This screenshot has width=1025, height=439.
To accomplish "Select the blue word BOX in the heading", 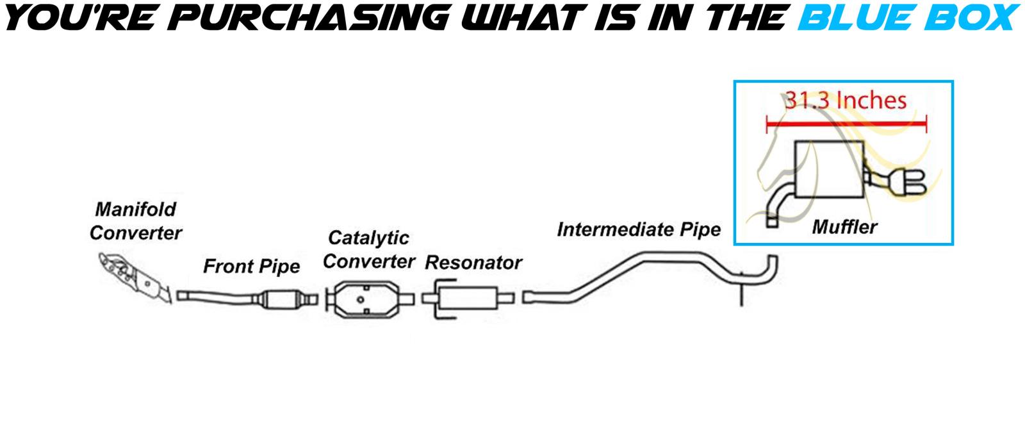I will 967,18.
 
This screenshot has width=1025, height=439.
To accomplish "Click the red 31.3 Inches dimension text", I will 846,101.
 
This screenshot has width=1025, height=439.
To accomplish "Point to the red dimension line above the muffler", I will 846,124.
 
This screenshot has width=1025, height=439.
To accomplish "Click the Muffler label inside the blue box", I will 844,226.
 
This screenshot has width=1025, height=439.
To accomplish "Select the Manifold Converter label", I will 135,221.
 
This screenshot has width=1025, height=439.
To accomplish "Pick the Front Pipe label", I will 251,266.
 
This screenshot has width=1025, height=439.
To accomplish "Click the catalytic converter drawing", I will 363,299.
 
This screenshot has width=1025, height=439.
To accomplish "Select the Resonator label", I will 473,263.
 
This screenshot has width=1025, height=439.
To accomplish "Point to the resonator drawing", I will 468,299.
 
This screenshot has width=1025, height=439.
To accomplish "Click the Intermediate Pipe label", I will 639,229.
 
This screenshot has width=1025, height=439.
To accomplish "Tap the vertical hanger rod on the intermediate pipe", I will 742,292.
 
